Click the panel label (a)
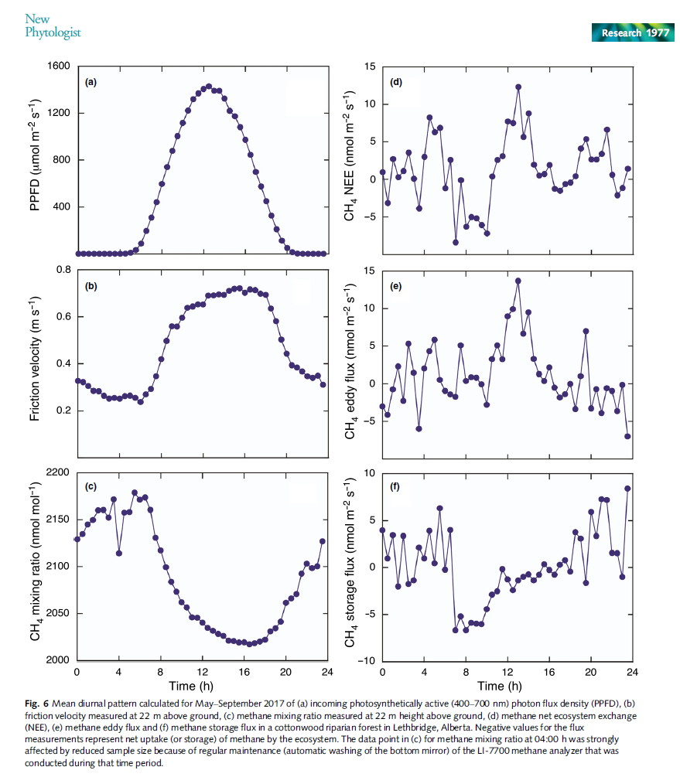[x=91, y=82]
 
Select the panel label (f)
[x=396, y=488]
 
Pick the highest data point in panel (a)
[x=208, y=87]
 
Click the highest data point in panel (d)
[x=518, y=87]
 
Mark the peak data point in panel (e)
[x=518, y=281]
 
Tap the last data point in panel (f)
[x=627, y=489]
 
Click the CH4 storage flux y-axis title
[x=350, y=567]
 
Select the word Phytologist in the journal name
[x=53, y=32]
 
